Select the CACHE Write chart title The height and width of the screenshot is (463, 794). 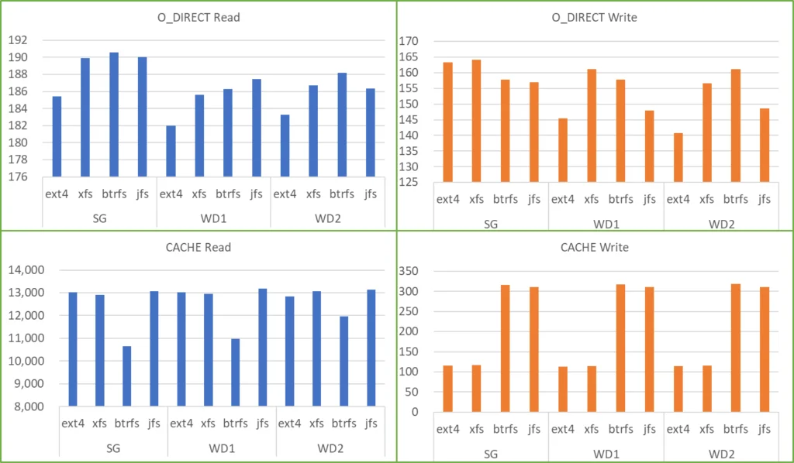[x=595, y=248]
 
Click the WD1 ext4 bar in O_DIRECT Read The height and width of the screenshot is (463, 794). [x=171, y=151]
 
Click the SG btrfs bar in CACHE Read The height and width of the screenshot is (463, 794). [x=126, y=376]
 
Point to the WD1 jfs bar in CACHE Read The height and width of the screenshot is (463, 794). [x=262, y=347]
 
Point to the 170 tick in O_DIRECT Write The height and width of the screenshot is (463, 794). [x=408, y=41]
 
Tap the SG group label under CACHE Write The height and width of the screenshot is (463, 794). [x=492, y=453]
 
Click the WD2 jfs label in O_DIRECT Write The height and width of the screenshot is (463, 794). [x=765, y=199]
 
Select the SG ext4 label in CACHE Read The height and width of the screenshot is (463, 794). [x=72, y=424]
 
